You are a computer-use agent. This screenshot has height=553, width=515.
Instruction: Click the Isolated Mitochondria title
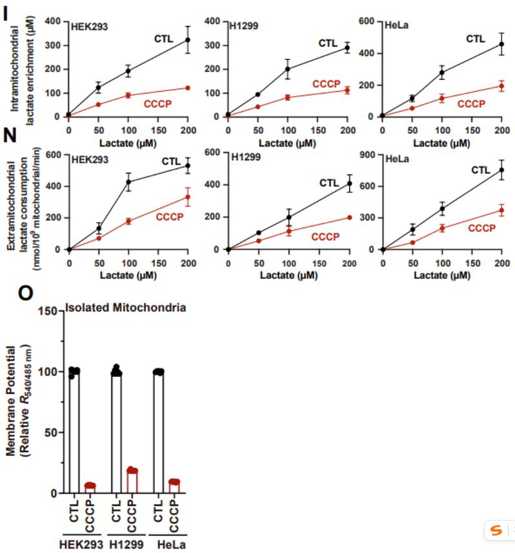(126, 308)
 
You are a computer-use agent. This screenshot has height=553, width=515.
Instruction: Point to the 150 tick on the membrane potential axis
(50, 311)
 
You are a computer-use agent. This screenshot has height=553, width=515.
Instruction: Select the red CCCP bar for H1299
(132, 481)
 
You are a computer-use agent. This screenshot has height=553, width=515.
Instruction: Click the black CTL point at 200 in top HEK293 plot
(188, 40)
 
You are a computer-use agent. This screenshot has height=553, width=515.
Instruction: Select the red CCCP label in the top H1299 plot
(327, 84)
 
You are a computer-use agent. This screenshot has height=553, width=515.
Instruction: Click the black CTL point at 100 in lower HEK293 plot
(128, 182)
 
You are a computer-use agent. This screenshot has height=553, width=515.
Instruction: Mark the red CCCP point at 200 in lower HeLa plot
(501, 211)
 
